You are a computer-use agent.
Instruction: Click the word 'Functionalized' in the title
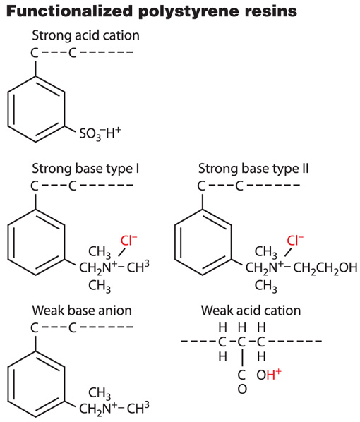pos(69,11)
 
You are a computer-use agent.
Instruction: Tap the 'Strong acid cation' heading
pos(85,35)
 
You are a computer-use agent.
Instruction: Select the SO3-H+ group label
pos(100,134)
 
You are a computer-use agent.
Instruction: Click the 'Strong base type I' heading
pos(85,169)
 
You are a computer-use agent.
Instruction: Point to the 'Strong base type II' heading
pos(253,169)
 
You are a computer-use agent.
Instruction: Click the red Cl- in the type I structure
pos(128,241)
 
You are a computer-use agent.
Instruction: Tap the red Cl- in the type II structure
pos(295,241)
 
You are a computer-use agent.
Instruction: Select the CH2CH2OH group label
pos(325,267)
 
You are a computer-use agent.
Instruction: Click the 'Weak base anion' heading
pos(82,311)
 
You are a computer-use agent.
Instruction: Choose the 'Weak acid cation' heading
pos(251,311)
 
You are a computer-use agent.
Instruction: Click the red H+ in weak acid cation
pos(274,374)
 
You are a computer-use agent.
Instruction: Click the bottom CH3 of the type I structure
pos(100,286)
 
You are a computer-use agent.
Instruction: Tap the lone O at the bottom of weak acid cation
pos(242,389)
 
